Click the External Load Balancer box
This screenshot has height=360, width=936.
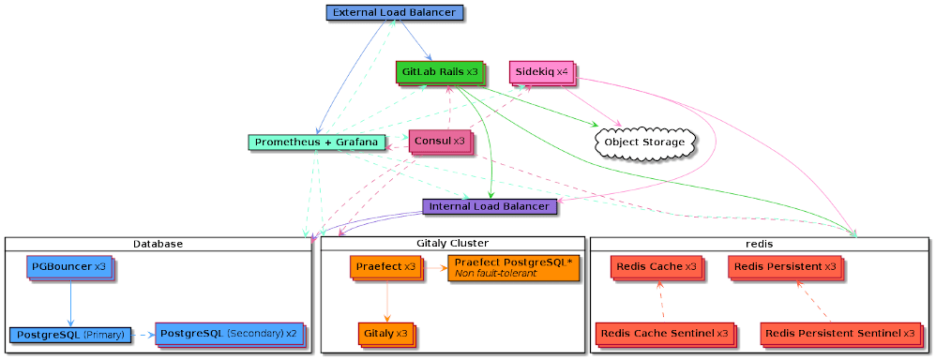[394, 12]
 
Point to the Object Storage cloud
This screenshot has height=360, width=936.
[642, 142]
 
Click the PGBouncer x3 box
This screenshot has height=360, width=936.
[70, 267]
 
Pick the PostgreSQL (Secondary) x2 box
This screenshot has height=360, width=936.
[228, 334]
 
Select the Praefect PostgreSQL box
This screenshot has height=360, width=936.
[512, 267]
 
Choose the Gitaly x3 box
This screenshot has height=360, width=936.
[385, 334]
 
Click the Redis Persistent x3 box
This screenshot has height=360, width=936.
[784, 267]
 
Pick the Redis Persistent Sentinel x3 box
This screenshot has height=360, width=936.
[838, 334]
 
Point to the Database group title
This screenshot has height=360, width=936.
[158, 244]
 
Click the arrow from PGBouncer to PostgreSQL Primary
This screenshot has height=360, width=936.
[70, 303]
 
